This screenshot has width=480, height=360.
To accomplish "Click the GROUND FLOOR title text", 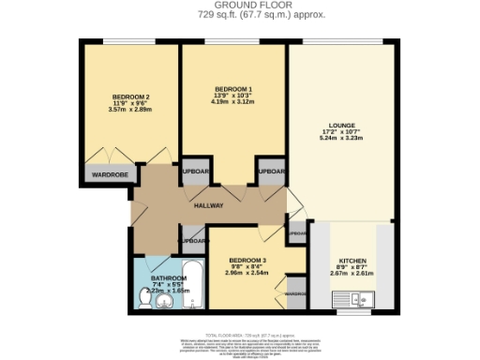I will (239, 5).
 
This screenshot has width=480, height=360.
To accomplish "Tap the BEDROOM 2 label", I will (130, 97).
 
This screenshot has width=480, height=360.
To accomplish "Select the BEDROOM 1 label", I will (232, 89).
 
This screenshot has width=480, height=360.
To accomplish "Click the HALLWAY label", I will (208, 205).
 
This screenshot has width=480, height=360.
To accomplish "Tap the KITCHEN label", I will (352, 260).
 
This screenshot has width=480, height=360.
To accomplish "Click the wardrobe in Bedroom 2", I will (108, 173).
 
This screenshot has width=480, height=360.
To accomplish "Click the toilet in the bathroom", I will (145, 298).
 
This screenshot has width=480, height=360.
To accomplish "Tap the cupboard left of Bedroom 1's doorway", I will (195, 172).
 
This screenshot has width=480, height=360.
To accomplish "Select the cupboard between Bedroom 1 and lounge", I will (272, 172).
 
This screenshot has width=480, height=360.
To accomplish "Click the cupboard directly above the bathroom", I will (192, 240).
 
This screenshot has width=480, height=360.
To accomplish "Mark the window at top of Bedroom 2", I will (130, 43).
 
